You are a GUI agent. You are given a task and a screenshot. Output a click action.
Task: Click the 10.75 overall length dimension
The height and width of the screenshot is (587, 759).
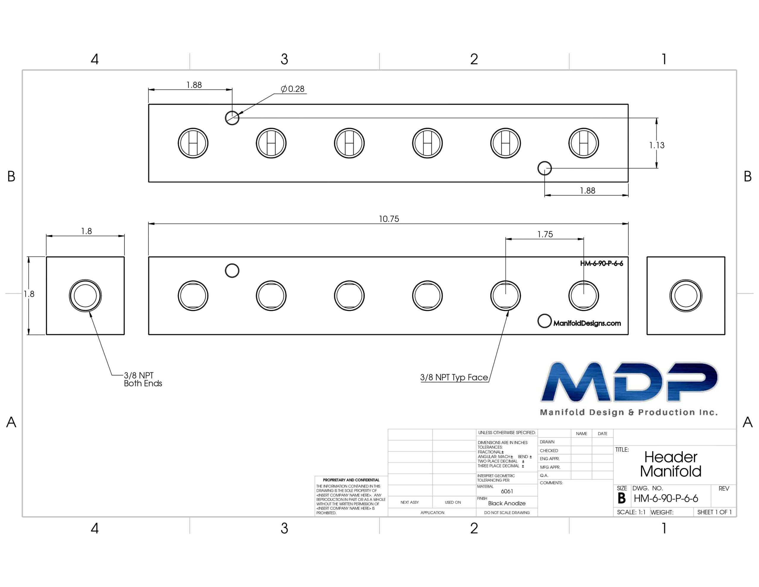[x=389, y=219]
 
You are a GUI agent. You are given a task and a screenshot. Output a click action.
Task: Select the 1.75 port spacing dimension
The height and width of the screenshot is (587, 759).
[x=545, y=234]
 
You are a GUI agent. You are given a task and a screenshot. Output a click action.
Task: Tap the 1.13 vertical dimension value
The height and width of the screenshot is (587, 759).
[x=657, y=145]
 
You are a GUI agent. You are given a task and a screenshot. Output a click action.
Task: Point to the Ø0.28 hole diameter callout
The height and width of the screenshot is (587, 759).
[x=293, y=89]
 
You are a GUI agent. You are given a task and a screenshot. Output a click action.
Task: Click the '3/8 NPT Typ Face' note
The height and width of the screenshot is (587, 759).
[x=454, y=377]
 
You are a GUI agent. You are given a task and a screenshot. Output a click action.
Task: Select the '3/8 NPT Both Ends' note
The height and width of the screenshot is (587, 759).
[x=143, y=379]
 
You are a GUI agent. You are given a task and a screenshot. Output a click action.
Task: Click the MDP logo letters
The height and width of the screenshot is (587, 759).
[x=629, y=382]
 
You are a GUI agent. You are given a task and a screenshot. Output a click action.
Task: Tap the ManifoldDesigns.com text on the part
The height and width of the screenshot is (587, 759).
[x=587, y=323]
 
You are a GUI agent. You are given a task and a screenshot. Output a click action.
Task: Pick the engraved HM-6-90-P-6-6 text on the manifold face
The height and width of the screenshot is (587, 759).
[x=602, y=264]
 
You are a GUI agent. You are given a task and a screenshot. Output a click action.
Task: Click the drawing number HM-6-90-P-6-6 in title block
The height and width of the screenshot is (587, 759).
[x=666, y=499]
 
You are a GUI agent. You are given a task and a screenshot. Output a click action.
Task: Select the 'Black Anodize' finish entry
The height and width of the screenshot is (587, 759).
[x=507, y=503]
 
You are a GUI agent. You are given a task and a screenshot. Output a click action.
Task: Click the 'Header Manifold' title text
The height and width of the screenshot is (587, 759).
[x=671, y=464]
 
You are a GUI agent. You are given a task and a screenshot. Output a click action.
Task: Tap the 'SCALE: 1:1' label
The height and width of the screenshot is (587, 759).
[x=631, y=512]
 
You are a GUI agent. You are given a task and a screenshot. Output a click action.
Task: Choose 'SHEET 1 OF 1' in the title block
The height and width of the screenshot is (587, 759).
[x=715, y=512]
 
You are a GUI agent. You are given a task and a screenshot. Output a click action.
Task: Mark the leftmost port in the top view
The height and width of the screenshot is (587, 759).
[x=193, y=143]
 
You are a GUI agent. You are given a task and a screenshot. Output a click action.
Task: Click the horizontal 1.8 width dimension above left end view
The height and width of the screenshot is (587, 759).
[x=87, y=231]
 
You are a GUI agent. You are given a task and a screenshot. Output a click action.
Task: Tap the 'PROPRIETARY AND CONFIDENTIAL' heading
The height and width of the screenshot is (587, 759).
[x=351, y=480]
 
